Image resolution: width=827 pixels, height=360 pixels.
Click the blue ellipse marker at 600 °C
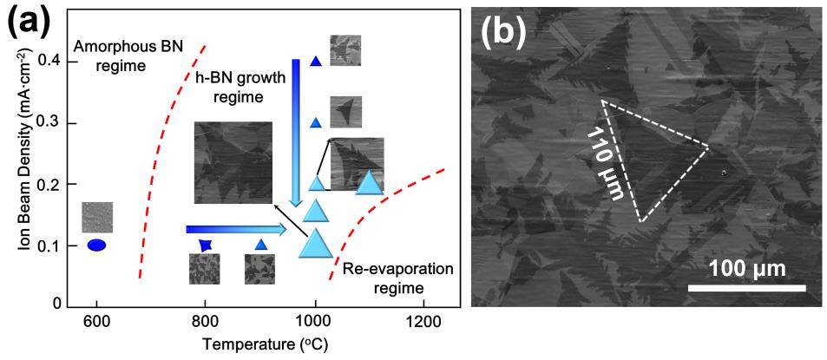[x=96, y=245]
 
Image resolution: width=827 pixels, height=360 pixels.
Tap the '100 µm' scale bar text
[x=747, y=268]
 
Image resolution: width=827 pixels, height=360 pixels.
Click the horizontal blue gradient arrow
[x=235, y=229]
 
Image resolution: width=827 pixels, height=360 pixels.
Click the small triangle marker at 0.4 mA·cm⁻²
[x=316, y=62]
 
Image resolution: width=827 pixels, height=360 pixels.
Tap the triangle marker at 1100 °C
[x=370, y=183]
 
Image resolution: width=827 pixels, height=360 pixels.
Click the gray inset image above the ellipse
[x=97, y=217]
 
